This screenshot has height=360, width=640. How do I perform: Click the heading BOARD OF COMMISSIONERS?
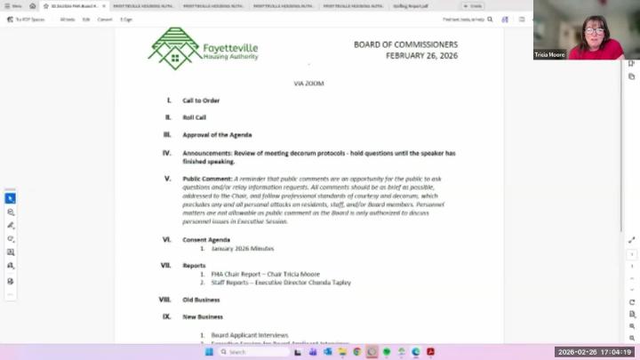click(405, 44)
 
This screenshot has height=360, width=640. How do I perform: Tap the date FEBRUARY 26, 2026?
click(421, 55)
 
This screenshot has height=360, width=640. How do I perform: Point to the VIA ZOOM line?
click(308, 84)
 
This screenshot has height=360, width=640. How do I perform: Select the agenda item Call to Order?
click(201, 100)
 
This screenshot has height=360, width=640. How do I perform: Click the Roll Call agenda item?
click(195, 117)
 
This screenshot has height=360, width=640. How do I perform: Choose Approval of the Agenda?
click(217, 135)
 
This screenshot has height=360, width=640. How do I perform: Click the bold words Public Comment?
click(207, 179)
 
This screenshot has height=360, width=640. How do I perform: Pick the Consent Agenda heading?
click(206, 240)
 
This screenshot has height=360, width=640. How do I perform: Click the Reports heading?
click(195, 265)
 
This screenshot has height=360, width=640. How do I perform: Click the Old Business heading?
click(201, 300)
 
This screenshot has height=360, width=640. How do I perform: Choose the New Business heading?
click(203, 316)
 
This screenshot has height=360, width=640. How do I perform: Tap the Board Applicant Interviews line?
click(250, 335)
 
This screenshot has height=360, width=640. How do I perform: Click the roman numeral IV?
click(166, 153)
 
